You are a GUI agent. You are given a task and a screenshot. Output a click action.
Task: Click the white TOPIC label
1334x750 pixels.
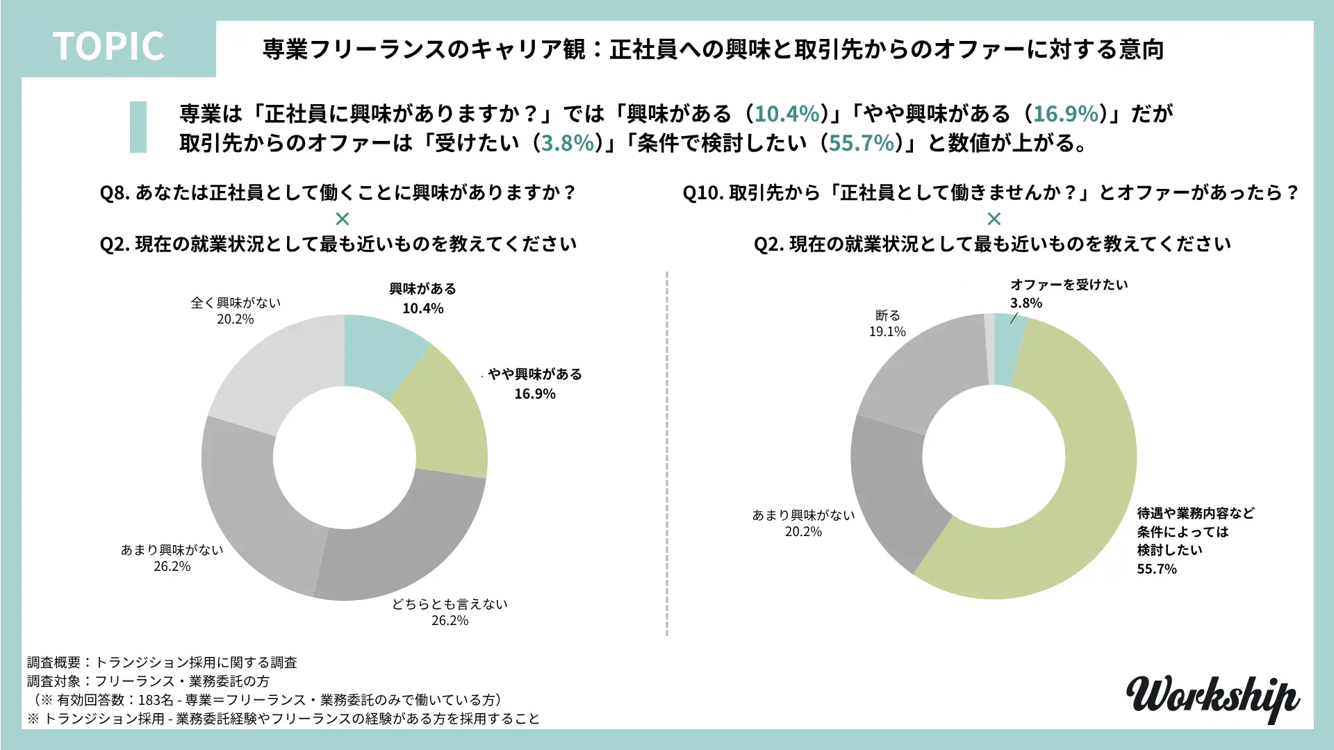click(x=108, y=47)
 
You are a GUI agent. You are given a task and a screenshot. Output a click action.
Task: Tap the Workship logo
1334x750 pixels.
click(x=1212, y=697)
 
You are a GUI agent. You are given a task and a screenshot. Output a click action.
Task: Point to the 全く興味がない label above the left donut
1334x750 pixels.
click(x=236, y=303)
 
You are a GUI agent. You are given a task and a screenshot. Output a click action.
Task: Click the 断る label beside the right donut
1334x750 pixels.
click(x=887, y=315)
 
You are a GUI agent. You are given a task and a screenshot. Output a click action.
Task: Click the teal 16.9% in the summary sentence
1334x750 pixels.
click(x=1066, y=114)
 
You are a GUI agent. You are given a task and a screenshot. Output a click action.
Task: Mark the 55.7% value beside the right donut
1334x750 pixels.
click(x=1157, y=569)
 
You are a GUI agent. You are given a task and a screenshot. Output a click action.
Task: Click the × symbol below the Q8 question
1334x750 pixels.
click(x=342, y=219)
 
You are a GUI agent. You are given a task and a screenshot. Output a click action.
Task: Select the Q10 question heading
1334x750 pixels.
click(x=991, y=192)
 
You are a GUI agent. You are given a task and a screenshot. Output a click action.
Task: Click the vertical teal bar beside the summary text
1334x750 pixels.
click(x=138, y=127)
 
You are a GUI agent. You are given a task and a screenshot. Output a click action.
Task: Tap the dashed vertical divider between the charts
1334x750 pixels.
click(x=667, y=451)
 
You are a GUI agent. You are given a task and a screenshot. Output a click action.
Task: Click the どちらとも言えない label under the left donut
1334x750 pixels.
click(x=450, y=604)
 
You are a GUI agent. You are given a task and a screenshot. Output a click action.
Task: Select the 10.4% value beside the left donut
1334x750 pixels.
click(x=422, y=308)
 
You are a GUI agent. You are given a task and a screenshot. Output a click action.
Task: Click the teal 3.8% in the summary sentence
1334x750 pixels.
click(x=568, y=143)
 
